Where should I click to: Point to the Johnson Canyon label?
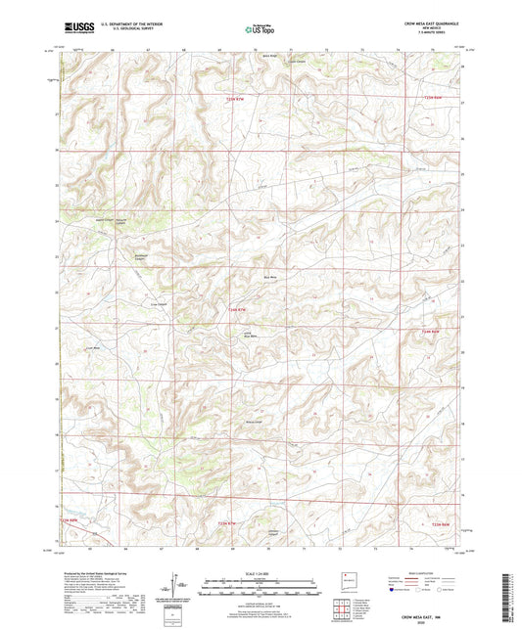point(275,532)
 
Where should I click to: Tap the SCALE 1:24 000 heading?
point(261,573)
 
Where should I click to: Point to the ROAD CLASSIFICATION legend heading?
point(429,573)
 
